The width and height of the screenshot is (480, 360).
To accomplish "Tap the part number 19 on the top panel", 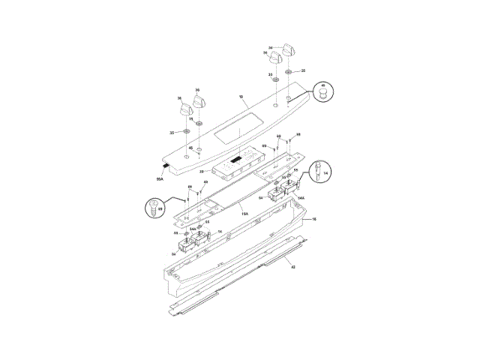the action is click(x=241, y=97).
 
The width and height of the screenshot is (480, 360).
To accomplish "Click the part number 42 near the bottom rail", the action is click(x=293, y=267).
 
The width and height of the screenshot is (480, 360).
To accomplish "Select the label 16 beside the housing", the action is click(x=313, y=219).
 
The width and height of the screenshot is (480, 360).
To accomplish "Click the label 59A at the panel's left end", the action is click(x=160, y=180).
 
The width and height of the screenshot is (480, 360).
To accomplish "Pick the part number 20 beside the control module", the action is click(x=202, y=172).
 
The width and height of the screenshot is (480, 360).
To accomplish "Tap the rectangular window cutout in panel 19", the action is click(x=238, y=136).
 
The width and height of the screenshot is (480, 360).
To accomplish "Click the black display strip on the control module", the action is click(x=237, y=160).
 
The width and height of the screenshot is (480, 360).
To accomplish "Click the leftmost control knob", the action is click(x=185, y=109).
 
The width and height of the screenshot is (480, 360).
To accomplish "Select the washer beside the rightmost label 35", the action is click(x=289, y=71).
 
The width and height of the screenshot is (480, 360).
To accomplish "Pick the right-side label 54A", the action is click(x=300, y=198).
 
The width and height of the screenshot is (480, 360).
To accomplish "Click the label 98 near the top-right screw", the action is click(x=298, y=134).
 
